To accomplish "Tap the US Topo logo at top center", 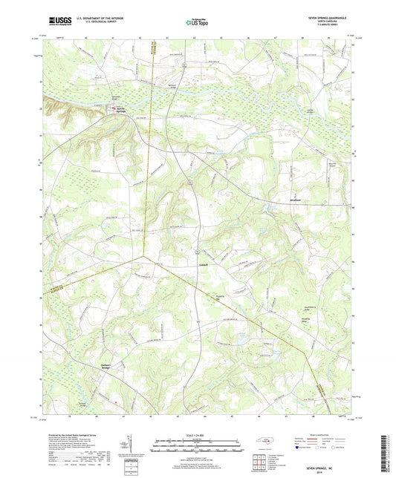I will click(198, 22).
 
